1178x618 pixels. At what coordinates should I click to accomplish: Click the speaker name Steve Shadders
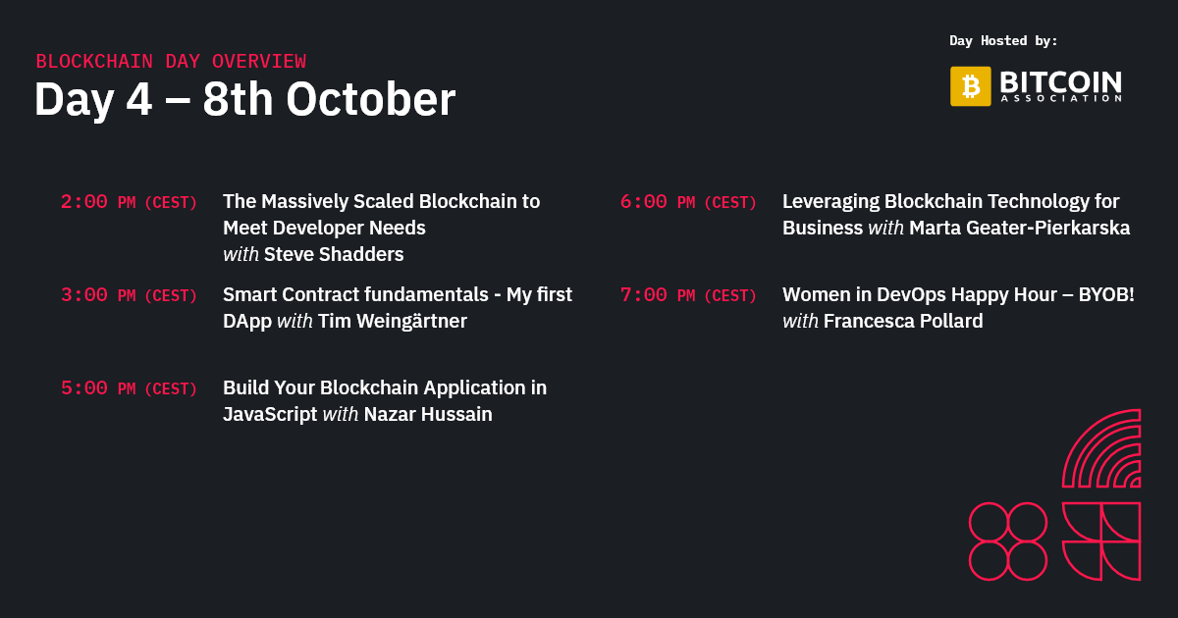[334, 254]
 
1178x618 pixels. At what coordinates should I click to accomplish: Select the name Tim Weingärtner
[392, 321]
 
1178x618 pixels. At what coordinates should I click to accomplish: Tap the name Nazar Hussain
[427, 414]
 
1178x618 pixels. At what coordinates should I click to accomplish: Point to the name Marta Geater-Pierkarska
[1019, 228]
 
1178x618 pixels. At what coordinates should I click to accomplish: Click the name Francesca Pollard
[902, 321]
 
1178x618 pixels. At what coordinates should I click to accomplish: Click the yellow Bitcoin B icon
[970, 86]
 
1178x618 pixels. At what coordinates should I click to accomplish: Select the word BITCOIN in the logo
[1060, 81]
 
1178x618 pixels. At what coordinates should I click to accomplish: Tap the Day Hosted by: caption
[1003, 41]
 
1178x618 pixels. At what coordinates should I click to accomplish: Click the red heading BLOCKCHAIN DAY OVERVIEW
[171, 61]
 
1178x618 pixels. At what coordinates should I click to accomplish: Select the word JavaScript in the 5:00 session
[270, 414]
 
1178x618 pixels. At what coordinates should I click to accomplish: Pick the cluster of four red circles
[1008, 541]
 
